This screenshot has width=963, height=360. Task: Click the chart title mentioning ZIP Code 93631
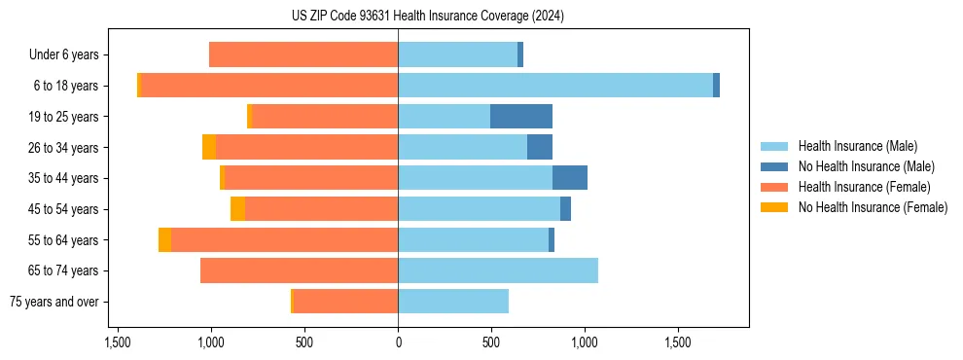[x=427, y=17]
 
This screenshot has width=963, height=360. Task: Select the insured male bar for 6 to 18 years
[x=554, y=86]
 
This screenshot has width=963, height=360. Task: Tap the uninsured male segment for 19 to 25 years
[x=520, y=117]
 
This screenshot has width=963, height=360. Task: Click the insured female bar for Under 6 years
[x=303, y=54]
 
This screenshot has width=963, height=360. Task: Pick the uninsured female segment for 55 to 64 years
[x=164, y=240]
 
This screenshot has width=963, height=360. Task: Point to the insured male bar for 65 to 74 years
[x=498, y=270]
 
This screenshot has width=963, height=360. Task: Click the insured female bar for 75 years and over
[x=345, y=302]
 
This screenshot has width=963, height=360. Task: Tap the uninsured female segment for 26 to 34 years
[x=209, y=147]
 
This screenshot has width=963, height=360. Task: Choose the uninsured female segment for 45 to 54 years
[x=237, y=209]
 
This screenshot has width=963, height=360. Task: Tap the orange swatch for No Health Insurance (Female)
[x=774, y=207]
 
